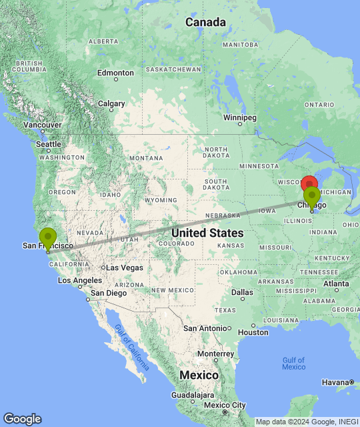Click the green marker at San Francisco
[48, 238]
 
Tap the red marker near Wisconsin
[309, 185]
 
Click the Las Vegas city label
[124, 268]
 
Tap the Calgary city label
[111, 103]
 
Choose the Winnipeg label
[240, 117]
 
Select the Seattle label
[49, 144]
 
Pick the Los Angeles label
[79, 280]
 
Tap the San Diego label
[108, 293]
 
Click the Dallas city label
[243, 292]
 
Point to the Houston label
[253, 332]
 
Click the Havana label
[335, 382]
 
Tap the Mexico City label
[225, 405]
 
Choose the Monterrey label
[214, 354]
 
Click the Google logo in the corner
[22, 418]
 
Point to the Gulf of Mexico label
[293, 364]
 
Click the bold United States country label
[207, 233]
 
